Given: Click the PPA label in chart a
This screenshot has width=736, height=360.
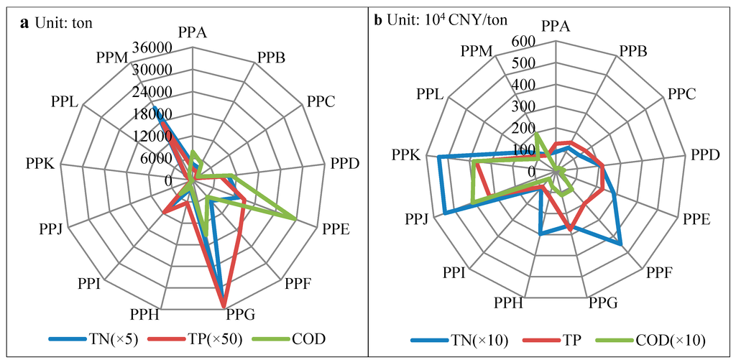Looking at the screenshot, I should click(x=192, y=32).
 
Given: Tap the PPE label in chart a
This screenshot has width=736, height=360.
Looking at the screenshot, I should click(x=336, y=230).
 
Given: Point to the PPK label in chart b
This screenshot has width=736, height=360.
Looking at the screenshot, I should click(x=408, y=154).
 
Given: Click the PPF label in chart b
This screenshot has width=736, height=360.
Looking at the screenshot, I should click(x=660, y=272).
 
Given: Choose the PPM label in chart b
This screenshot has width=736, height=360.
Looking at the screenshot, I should click(x=478, y=51).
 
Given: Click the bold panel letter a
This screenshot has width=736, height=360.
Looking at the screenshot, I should click(x=25, y=22).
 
